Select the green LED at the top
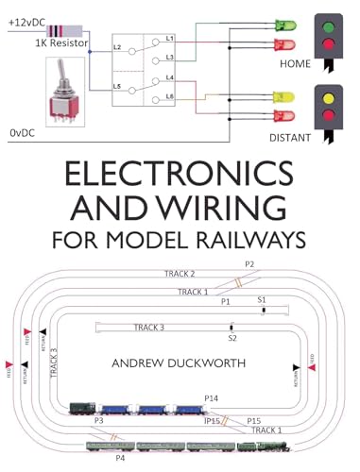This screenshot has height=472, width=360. (x=283, y=25)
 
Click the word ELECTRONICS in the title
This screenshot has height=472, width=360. (x=180, y=176)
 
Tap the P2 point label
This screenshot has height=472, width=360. (x=249, y=264)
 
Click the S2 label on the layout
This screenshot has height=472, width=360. (x=232, y=337)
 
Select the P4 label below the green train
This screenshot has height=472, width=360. (x=119, y=458)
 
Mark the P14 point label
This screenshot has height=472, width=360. (x=211, y=399)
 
